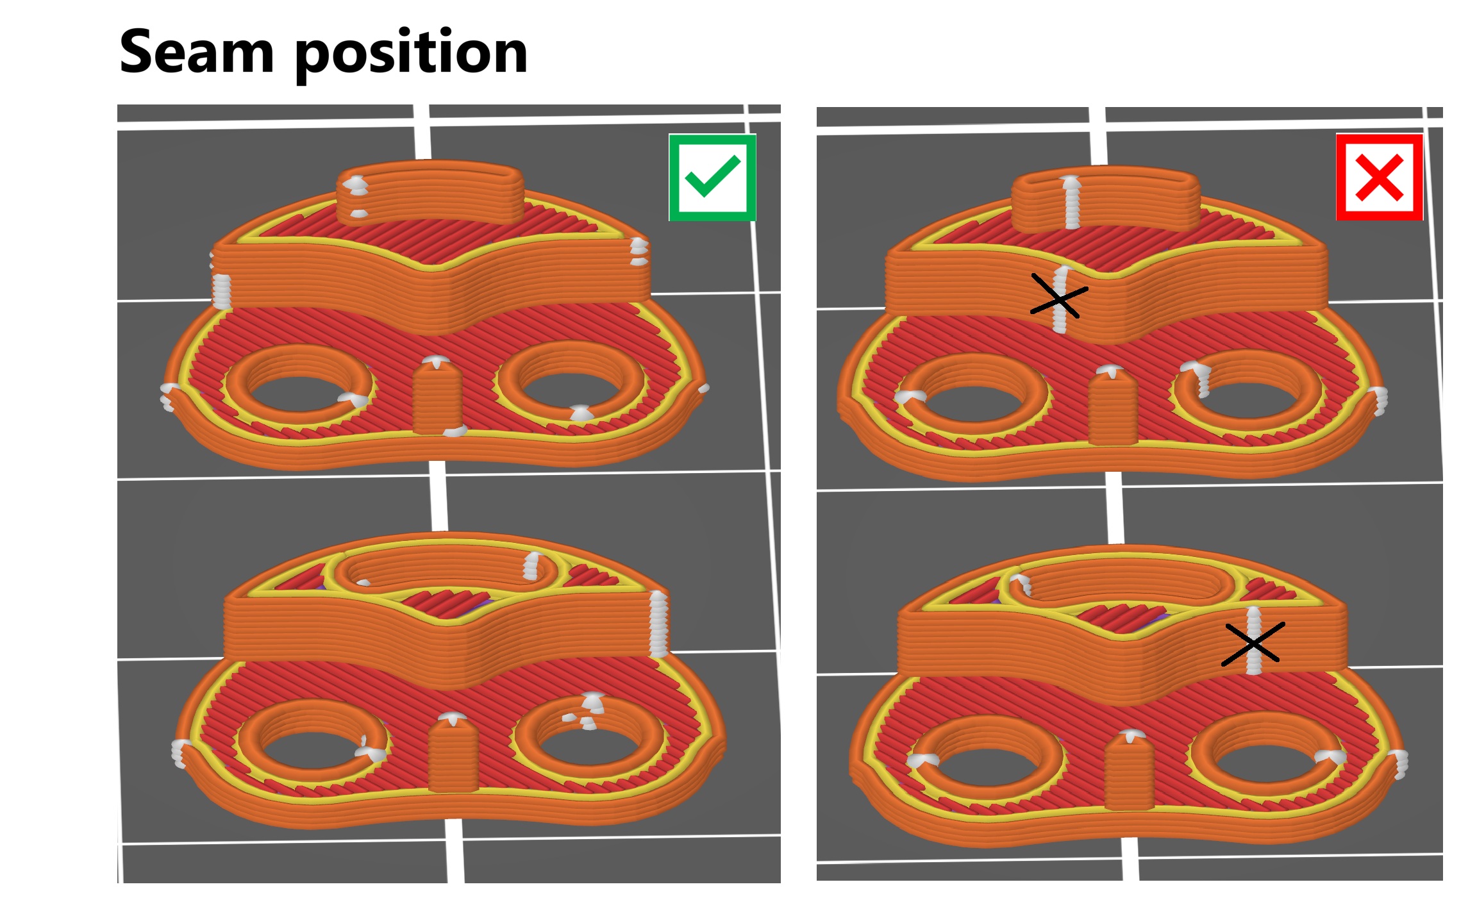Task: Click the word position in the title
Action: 412,55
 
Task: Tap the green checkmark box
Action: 712,178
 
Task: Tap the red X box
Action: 1380,177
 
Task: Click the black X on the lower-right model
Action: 1253,644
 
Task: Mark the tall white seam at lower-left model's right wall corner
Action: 658,624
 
